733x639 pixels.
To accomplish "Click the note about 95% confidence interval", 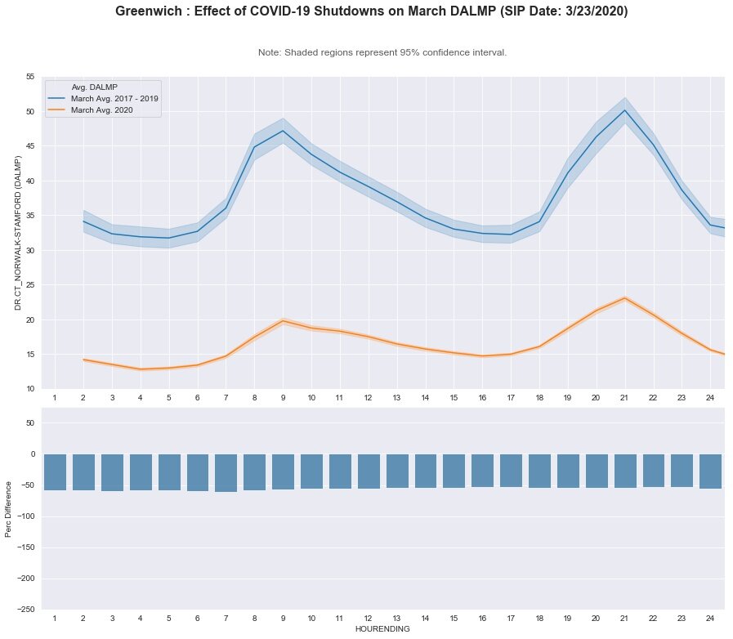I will [382, 52].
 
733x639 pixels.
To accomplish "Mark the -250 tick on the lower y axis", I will [26, 609].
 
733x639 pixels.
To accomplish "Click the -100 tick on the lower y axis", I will [26, 516].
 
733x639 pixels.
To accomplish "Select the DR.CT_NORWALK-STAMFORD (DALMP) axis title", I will [16, 232].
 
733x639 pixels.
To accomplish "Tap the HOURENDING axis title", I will [382, 629].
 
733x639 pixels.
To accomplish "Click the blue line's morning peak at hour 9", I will [283, 131].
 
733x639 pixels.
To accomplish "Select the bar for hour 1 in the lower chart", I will [55, 471].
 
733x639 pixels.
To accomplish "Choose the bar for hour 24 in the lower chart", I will [710, 471].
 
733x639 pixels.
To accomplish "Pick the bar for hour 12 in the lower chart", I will [368, 471].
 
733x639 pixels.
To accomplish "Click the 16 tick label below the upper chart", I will [482, 397].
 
